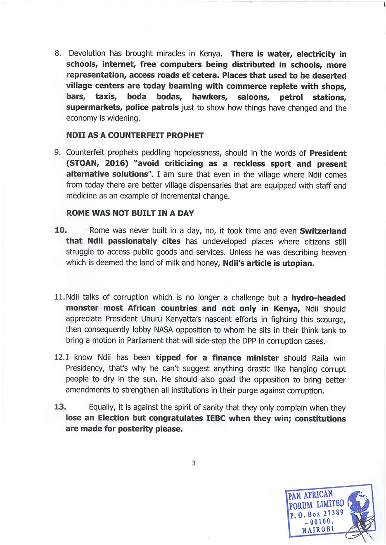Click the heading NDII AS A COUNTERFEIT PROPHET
(x=135, y=135)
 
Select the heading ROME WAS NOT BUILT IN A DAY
(x=130, y=213)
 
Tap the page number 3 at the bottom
(x=194, y=463)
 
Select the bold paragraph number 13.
(x=60, y=407)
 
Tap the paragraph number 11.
(x=59, y=297)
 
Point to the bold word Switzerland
(x=323, y=231)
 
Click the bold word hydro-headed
(x=318, y=298)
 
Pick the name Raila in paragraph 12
(x=320, y=358)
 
